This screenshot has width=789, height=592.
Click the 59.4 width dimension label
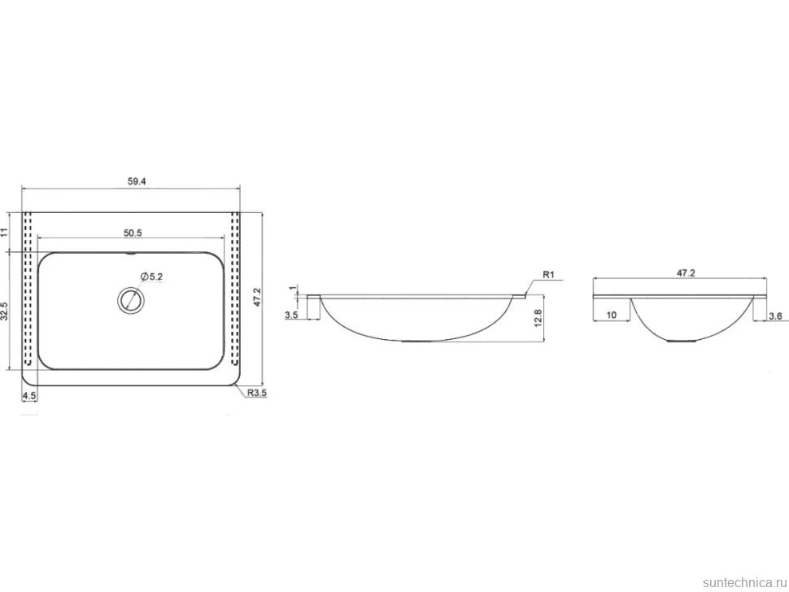tap(137, 181)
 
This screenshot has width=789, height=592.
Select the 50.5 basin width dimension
tap(133, 233)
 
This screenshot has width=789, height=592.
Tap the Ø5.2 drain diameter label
tap(152, 276)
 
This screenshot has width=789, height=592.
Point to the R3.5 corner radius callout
tap(256, 393)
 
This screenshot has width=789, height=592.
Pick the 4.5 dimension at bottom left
tap(29, 396)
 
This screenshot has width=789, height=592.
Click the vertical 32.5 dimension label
tap(5, 311)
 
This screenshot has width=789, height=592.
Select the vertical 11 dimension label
tap(5, 233)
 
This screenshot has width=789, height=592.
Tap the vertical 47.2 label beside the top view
tap(256, 298)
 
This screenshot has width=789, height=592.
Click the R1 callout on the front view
tap(548, 275)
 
